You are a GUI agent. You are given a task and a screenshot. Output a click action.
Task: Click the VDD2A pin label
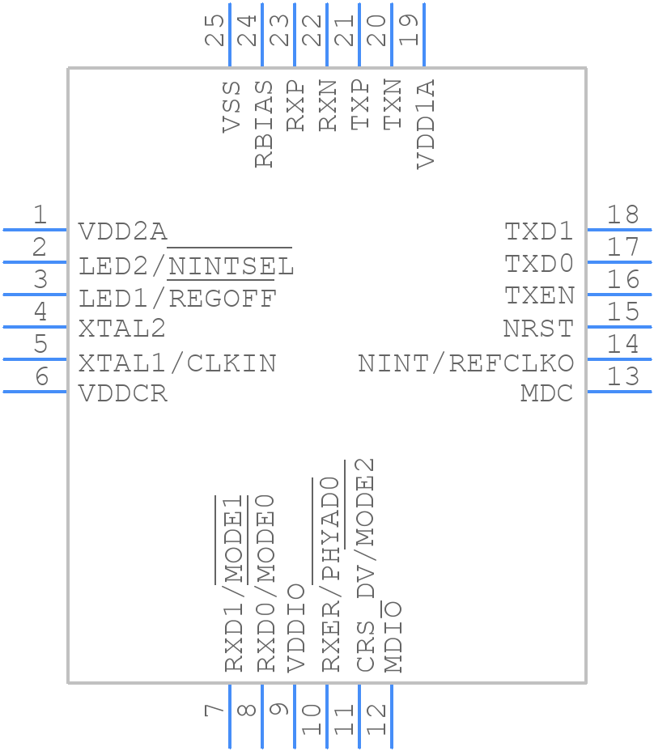coord(123,232)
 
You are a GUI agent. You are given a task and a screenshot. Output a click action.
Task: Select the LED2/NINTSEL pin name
coord(186,265)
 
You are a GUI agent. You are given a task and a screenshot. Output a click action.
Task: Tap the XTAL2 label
coord(122,329)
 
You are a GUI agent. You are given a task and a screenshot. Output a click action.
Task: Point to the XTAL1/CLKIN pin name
coord(177,363)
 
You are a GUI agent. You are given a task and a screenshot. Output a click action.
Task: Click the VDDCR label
coord(123,394)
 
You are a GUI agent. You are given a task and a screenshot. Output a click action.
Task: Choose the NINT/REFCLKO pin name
coord(465,363)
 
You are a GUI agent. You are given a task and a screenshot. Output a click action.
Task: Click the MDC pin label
coord(546,394)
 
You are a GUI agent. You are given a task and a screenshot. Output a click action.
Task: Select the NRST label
coord(538,329)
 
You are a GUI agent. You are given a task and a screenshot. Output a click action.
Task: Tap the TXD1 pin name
coord(539,232)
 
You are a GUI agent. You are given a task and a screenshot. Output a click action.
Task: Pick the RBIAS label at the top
coord(264,124)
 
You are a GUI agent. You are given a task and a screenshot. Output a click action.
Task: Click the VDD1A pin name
coord(426,124)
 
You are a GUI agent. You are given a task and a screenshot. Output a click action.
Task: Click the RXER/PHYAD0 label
coord(329,575)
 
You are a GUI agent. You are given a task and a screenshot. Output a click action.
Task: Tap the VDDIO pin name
coord(296,627)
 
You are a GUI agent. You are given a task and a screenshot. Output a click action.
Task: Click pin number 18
coord(622,215)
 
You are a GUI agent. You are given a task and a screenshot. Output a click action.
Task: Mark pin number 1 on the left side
coord(39,215)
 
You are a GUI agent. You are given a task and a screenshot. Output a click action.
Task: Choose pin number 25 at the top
coord(215,30)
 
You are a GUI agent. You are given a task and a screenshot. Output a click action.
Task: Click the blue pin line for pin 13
coord(618,392)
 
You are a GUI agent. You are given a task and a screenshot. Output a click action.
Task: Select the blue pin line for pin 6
coord(35,392)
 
